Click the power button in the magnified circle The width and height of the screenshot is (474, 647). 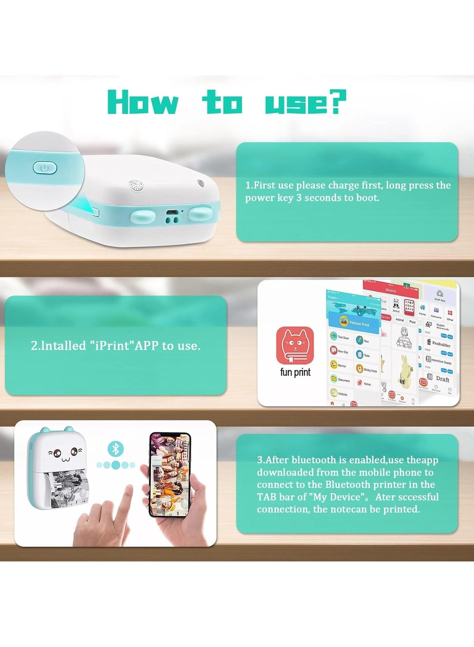45,168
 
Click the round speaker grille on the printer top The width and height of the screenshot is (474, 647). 135,185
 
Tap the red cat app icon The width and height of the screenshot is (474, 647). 295,345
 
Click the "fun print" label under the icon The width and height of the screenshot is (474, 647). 295,372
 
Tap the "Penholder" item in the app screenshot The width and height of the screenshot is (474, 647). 440,344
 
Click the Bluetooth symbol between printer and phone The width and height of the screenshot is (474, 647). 115,449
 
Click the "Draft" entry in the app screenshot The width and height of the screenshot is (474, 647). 441,379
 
